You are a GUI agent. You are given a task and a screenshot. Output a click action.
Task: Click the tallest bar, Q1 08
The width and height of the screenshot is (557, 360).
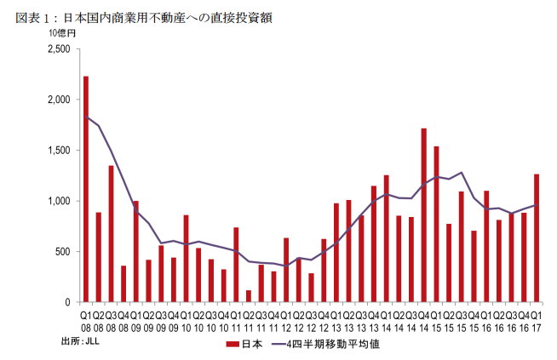click(x=86, y=189)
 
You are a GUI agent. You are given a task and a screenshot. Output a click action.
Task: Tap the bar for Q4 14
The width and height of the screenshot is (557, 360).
click(x=423, y=215)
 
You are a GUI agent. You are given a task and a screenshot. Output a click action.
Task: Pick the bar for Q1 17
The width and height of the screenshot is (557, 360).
click(x=537, y=238)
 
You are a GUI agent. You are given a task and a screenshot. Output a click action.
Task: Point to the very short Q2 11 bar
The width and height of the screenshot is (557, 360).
click(x=249, y=296)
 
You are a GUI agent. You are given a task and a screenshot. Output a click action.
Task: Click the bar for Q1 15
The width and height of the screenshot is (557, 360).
click(x=436, y=225)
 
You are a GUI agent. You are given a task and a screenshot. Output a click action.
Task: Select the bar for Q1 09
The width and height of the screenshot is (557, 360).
click(x=135, y=252)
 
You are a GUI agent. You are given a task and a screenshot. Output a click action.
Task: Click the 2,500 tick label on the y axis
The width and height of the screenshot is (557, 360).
click(x=58, y=49)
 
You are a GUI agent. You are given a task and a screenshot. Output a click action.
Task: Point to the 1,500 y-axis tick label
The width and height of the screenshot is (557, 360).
click(x=58, y=151)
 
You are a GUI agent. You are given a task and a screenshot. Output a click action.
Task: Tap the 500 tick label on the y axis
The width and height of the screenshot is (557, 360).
click(x=61, y=252)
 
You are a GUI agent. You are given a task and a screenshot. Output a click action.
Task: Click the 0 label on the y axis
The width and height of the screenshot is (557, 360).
click(x=68, y=302)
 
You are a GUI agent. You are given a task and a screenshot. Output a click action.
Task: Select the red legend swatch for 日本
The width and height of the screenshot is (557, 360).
click(x=231, y=345)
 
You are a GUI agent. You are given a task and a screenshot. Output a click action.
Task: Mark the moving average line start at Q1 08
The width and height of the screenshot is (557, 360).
click(x=86, y=117)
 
